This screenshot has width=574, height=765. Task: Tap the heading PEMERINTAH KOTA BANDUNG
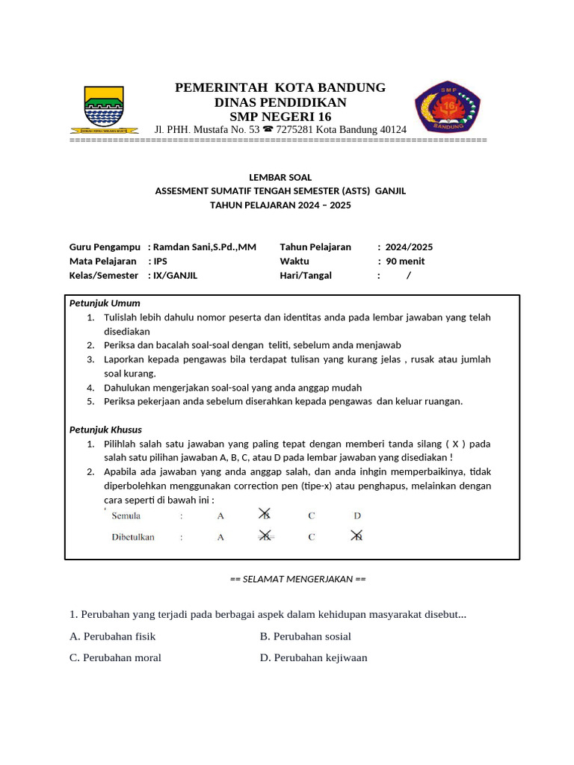280,87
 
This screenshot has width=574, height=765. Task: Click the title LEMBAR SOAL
280,177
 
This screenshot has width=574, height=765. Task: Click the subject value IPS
161,261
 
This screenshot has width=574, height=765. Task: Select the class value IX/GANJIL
175,276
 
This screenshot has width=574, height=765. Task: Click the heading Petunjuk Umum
105,303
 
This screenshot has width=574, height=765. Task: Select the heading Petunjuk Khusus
105,430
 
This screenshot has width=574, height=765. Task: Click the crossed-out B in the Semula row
265,515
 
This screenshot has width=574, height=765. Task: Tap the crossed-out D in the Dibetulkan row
357,536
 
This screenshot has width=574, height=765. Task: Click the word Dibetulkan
133,537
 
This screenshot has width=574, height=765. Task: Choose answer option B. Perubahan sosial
305,637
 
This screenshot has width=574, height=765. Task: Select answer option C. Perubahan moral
115,658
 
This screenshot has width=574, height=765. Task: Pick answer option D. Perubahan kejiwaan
313,658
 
